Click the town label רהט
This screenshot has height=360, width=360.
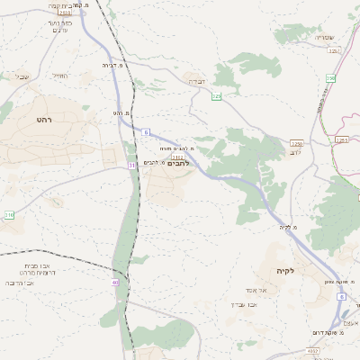45,120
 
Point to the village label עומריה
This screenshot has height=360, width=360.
324,38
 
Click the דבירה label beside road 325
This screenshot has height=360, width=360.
195,81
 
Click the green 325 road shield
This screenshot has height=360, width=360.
216,94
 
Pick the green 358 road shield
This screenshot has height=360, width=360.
330,78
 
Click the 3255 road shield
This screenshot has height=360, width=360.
340,139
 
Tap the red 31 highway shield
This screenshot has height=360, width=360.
132,166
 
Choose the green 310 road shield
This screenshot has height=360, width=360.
9,215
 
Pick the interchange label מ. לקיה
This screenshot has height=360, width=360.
289,227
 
